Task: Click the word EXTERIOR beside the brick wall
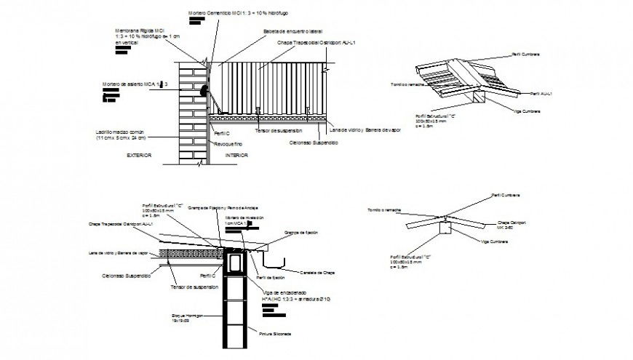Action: [x=138, y=156]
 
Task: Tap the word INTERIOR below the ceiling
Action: [x=236, y=156]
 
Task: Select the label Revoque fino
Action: [x=227, y=145]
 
